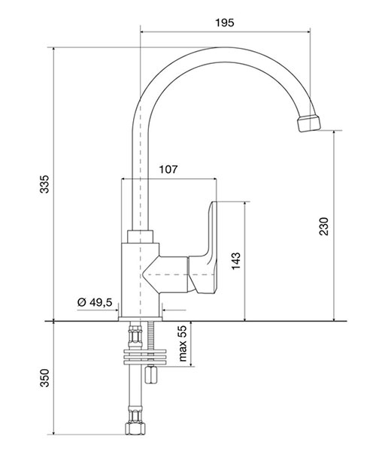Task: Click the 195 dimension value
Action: (225, 23)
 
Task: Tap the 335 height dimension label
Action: (44, 184)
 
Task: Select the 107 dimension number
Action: (168, 169)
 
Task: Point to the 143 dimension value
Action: (236, 261)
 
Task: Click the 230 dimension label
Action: (324, 227)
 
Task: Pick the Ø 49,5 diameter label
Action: (95, 302)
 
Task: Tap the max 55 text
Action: (183, 344)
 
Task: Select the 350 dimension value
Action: (44, 378)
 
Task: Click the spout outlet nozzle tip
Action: (309, 123)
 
